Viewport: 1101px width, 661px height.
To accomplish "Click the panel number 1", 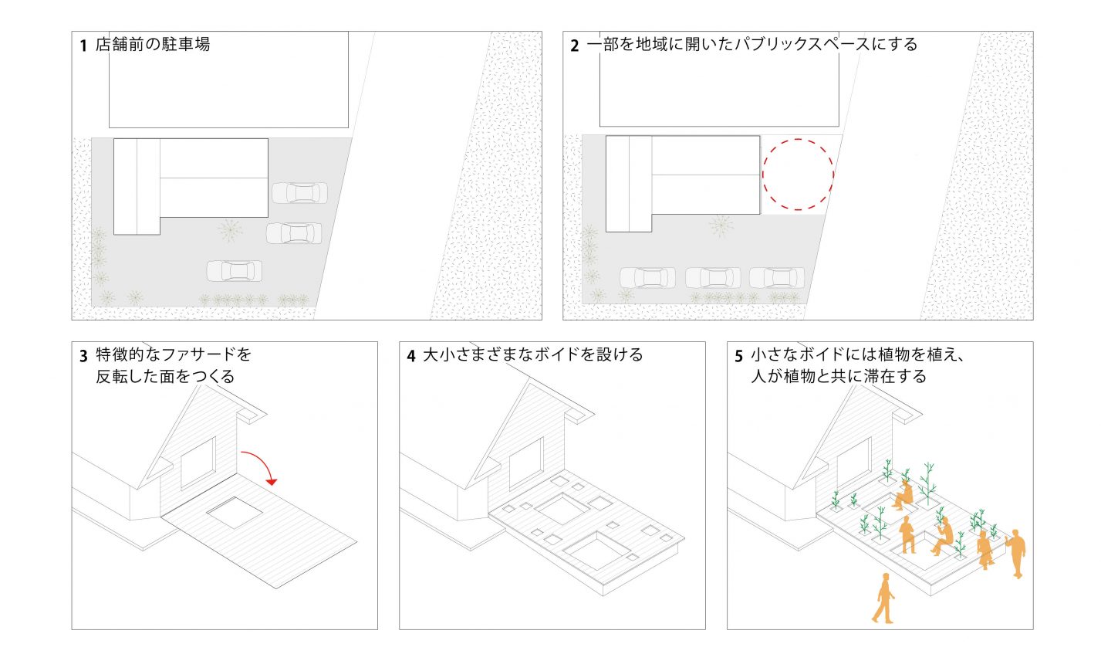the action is pos(83,46).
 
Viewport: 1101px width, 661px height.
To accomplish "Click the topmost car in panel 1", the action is pos(300,193).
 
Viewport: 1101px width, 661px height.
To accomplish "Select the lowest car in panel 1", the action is pos(235,271).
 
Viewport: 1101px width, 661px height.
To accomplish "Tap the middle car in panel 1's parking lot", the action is pos(294,233).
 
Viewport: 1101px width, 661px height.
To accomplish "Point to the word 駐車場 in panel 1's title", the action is pos(186,44).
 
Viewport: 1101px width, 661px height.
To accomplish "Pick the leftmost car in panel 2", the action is pos(647,278).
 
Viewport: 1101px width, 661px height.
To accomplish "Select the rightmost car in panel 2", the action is pos(777,278).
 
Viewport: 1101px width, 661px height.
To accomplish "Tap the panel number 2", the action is pos(575,46).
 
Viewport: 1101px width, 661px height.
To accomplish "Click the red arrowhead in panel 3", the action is pos(272,482).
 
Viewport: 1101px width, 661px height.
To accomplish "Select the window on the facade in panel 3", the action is pos(198,463).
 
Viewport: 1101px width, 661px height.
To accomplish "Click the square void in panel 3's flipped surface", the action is pos(235,513).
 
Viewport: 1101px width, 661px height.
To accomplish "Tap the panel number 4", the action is pos(411,355).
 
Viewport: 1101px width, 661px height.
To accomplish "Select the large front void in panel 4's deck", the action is pos(597,550).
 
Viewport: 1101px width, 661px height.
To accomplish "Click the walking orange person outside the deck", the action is pos(883,598).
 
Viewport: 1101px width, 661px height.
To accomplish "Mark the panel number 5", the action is pos(738,355).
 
